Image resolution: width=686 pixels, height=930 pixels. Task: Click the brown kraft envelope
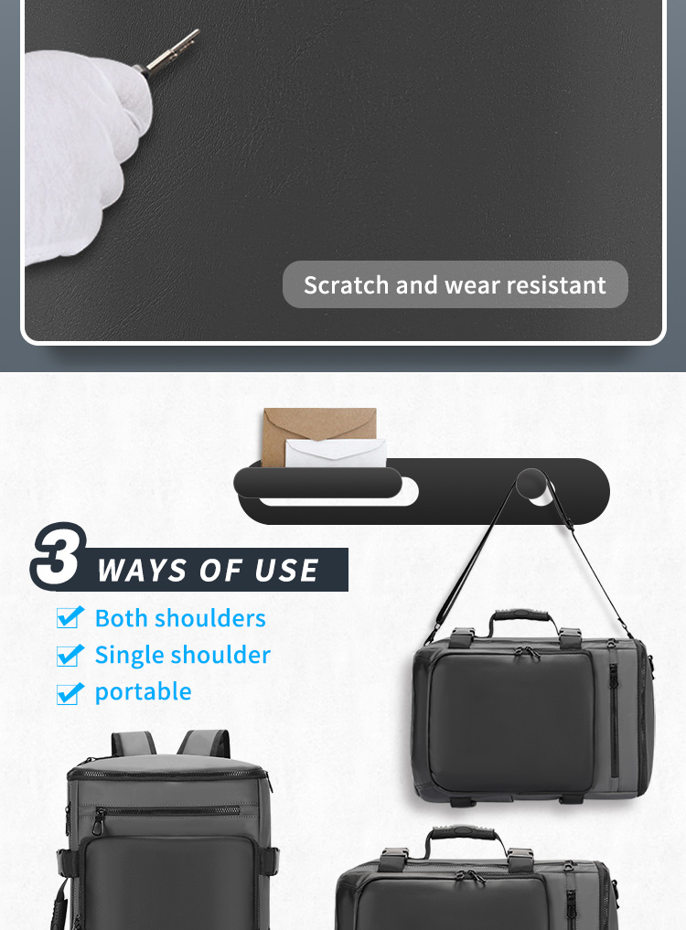pos(319,430)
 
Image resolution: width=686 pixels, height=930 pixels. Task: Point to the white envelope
pos(336,454)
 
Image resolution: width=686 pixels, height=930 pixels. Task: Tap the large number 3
pos(59,556)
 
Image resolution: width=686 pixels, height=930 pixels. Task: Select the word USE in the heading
pos(286,571)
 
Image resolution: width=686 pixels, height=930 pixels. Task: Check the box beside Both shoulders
pos(70,617)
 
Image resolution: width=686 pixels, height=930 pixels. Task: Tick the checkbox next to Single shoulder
pos(70,656)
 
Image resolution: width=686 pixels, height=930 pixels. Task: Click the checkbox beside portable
pos(70,693)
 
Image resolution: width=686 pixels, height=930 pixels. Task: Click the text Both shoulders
pos(180,618)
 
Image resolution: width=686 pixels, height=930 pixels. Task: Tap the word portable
pos(143,692)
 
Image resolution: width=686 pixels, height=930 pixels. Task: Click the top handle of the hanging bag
pos(521,618)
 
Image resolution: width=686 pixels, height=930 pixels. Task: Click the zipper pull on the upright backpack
pos(97,823)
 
